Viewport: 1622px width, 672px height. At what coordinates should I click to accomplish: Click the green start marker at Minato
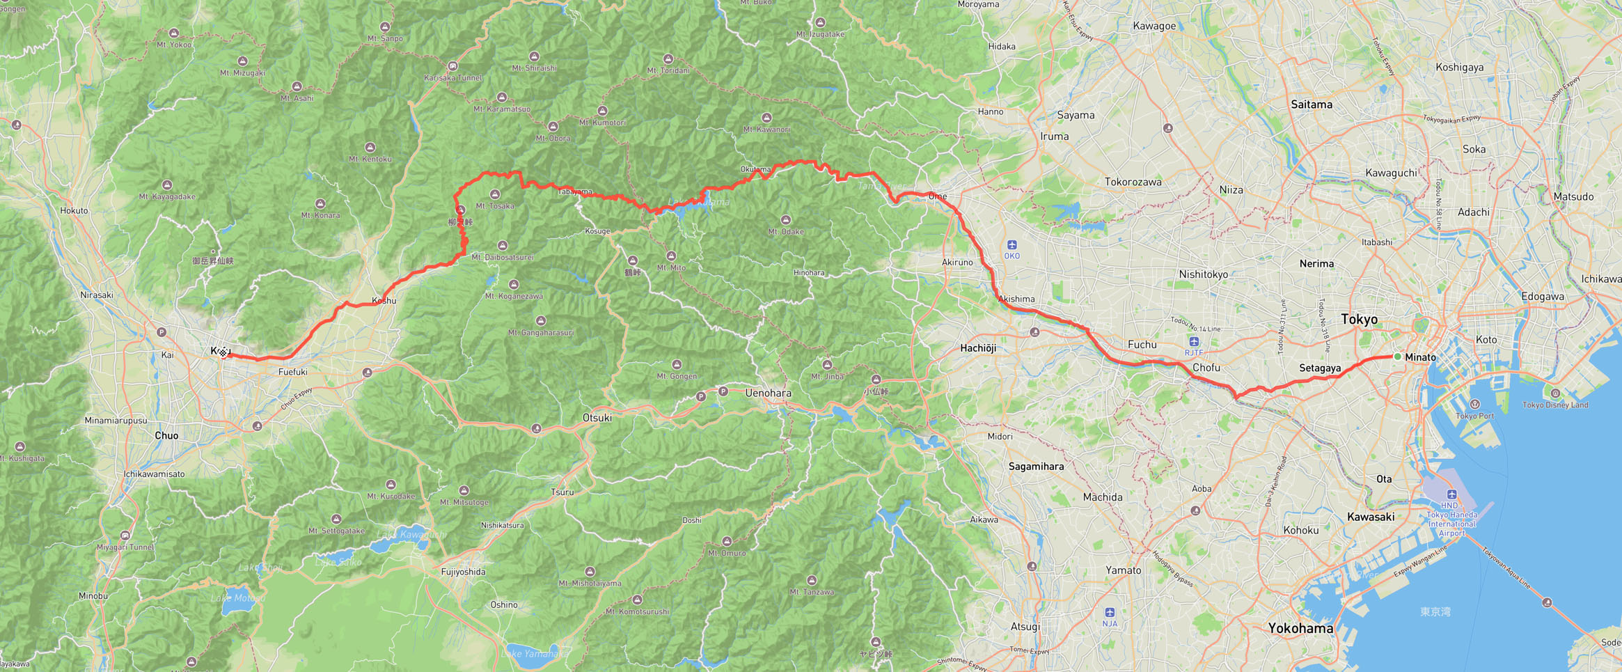1397,357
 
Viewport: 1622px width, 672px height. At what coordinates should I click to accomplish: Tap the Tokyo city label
1359,319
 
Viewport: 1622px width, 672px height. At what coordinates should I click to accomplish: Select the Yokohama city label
1300,627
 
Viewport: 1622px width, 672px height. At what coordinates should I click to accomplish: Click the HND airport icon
1451,494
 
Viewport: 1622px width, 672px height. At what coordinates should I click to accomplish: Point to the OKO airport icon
1011,244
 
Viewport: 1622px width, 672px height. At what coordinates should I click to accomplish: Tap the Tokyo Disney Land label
1555,405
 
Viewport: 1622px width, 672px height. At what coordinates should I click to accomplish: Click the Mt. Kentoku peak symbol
370,148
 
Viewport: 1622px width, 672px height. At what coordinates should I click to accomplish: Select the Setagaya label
1320,368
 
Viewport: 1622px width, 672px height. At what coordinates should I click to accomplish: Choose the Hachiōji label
978,347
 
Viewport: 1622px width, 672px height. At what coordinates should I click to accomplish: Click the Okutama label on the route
755,169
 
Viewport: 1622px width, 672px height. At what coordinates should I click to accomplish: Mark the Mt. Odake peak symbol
785,220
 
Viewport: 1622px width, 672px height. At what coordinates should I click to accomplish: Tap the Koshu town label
384,301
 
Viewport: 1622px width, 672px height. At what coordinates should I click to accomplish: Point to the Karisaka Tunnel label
452,77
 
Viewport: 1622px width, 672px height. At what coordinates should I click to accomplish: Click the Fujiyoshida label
463,572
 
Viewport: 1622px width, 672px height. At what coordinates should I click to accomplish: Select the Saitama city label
1312,104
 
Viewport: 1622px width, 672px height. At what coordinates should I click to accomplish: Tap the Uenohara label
768,393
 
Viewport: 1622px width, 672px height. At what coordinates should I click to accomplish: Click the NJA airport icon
1110,612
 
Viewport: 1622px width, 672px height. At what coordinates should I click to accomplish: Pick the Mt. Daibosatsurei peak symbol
503,246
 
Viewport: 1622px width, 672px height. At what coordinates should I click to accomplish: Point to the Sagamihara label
1036,466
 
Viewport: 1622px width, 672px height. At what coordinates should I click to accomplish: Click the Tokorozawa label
1133,182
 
